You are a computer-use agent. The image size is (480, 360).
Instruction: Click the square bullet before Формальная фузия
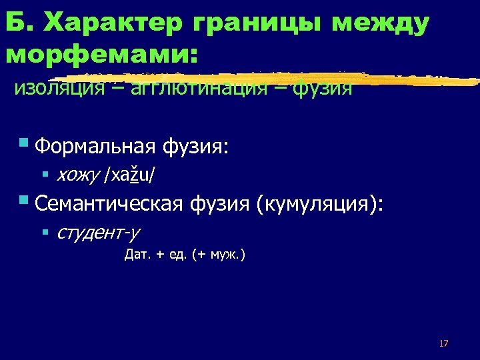point(24,142)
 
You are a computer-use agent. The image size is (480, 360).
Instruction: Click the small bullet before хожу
point(45,175)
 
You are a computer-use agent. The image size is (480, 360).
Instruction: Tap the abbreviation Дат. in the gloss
point(137,254)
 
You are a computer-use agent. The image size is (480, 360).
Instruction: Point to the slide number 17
point(443,343)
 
